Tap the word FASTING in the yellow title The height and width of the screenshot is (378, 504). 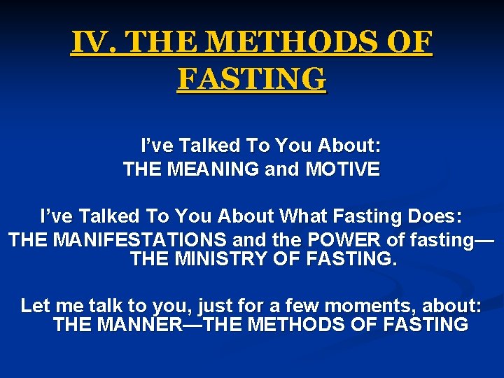(x=251, y=78)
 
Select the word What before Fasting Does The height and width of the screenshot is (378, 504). (x=310, y=213)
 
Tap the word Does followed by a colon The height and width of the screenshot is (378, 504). (x=436, y=213)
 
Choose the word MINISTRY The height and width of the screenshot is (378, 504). (x=217, y=260)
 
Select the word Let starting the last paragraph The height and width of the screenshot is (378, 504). (x=36, y=305)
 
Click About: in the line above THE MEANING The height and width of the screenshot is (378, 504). (x=349, y=146)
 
